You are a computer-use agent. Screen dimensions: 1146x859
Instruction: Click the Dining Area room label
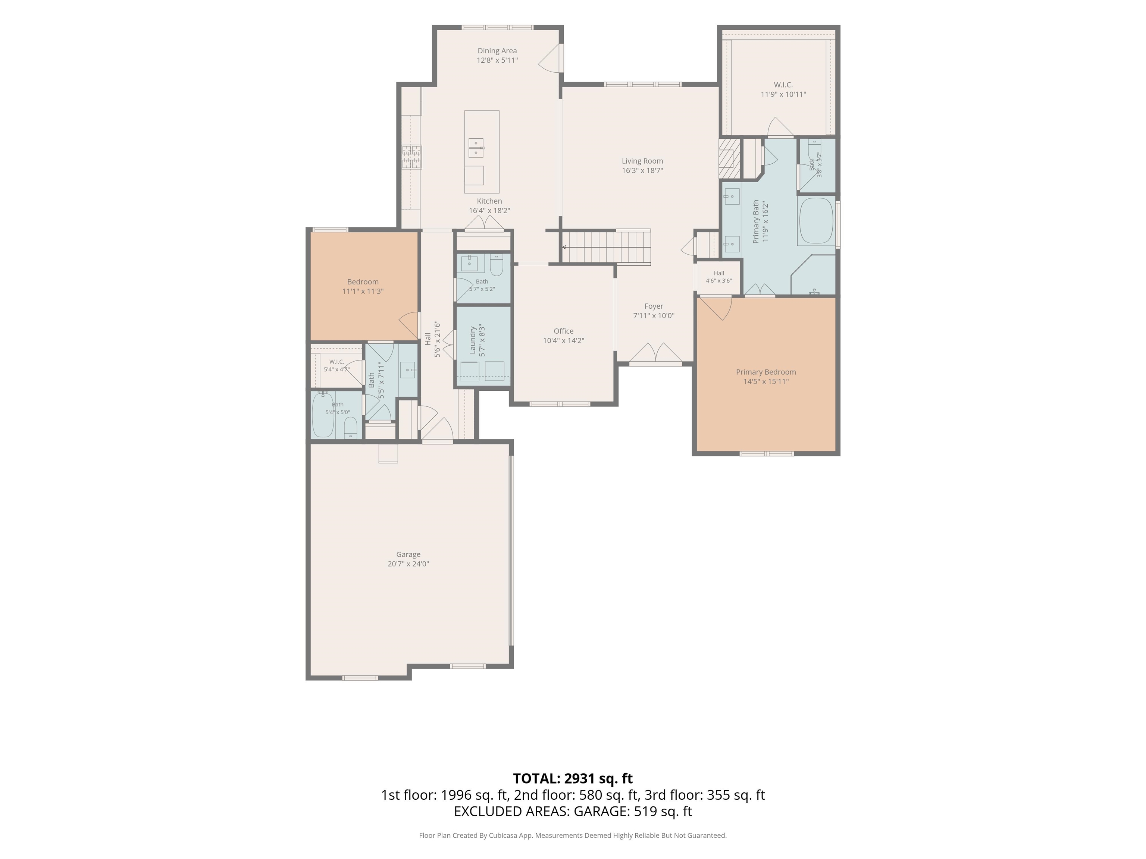(497, 51)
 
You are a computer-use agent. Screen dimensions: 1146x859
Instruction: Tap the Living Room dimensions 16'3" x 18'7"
(642, 170)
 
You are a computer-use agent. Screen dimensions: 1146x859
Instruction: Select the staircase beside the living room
(606, 247)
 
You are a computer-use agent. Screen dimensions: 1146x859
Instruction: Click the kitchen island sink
(476, 148)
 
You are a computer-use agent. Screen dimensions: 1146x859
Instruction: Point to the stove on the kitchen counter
(412, 157)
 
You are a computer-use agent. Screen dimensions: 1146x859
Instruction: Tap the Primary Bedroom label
(766, 372)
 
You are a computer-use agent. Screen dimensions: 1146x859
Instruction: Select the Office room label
(564, 331)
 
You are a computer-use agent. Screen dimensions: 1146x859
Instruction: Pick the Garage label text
(408, 554)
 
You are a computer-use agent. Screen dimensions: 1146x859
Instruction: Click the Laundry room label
(473, 340)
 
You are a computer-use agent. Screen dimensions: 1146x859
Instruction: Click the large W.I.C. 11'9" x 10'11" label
(783, 89)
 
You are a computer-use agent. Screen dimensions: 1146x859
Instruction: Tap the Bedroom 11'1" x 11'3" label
(363, 286)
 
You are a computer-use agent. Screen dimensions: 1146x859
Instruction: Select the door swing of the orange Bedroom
(409, 325)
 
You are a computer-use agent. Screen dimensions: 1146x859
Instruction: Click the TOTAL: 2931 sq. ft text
(573, 778)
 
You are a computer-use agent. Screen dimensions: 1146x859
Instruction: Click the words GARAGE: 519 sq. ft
(633, 811)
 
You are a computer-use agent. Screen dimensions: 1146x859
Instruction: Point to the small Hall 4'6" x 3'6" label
(718, 277)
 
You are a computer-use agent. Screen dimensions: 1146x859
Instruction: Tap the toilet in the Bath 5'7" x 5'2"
(496, 265)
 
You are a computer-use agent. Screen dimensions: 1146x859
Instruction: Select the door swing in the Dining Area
(550, 57)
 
